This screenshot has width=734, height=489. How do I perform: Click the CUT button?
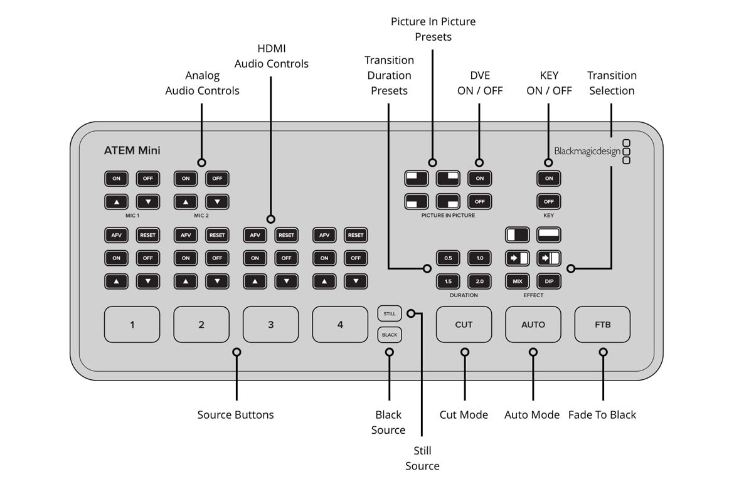[x=464, y=324]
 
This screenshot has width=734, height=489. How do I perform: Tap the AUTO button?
[x=533, y=324]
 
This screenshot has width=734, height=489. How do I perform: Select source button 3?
[x=270, y=324]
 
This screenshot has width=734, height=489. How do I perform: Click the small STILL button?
[x=390, y=313]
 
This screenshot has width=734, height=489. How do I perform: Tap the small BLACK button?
[x=390, y=335]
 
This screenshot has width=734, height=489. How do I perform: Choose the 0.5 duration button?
[x=448, y=258]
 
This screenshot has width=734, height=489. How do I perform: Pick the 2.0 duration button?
[x=479, y=281]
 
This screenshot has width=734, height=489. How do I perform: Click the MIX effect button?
[x=518, y=281]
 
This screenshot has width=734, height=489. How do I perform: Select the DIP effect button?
[x=549, y=281]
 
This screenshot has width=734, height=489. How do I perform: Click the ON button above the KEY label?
[x=549, y=179]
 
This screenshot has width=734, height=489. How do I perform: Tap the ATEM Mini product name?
[x=132, y=150]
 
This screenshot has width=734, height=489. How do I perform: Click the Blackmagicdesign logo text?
[x=587, y=151]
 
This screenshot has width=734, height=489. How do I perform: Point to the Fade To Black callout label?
[x=602, y=414]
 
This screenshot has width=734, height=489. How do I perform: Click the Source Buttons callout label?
[x=235, y=414]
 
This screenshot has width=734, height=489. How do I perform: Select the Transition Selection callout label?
[x=612, y=83]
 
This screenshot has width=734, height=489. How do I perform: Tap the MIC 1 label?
[x=132, y=215]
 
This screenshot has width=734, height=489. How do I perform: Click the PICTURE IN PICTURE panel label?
[x=448, y=215]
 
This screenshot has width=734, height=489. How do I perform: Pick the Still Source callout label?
[x=422, y=458]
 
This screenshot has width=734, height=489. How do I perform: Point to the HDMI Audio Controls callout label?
[x=271, y=56]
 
